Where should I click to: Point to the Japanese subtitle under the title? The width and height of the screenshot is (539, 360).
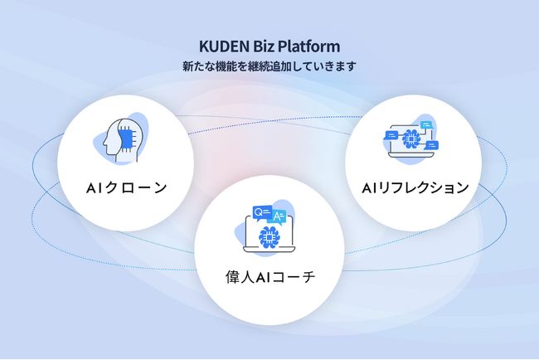tap(269, 66)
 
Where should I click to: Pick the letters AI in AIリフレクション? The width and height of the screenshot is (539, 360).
tap(371, 187)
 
